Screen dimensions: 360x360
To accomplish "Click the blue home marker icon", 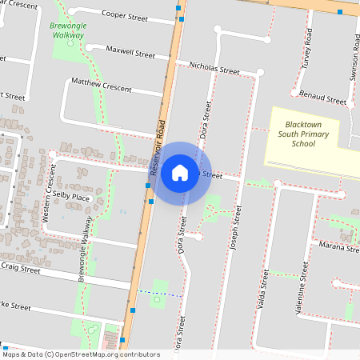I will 180,172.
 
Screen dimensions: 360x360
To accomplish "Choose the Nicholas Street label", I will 214,67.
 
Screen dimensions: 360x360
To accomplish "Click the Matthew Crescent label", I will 101,85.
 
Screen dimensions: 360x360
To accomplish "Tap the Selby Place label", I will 71,197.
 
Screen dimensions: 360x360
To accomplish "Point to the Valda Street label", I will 262,290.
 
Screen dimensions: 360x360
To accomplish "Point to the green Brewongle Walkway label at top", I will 67,30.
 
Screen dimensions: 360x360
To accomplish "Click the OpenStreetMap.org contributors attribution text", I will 109,354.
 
